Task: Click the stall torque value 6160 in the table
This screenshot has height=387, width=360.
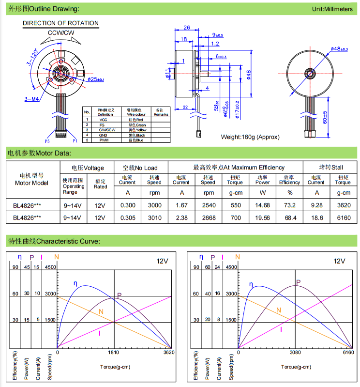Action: (x=342, y=217)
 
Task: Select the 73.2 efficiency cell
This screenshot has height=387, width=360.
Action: (x=289, y=204)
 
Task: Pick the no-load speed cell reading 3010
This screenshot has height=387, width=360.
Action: (x=154, y=217)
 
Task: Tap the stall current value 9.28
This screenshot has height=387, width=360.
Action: (x=315, y=204)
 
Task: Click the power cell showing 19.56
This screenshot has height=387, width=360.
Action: (x=263, y=217)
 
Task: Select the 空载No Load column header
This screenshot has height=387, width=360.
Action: (x=140, y=168)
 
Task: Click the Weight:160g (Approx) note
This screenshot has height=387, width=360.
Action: (x=250, y=137)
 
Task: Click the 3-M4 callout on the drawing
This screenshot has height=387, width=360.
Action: (x=18, y=98)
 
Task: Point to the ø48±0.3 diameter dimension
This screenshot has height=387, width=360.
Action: (x=339, y=49)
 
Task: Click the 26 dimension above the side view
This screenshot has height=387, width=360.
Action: (x=187, y=28)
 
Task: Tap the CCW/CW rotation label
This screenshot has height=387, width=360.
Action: (x=61, y=32)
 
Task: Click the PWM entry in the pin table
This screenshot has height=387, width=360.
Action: (x=104, y=140)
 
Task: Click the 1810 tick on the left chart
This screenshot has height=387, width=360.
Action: (x=114, y=353)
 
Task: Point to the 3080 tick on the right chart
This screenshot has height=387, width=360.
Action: (x=295, y=353)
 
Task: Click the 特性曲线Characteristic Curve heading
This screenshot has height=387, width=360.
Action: (x=54, y=241)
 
